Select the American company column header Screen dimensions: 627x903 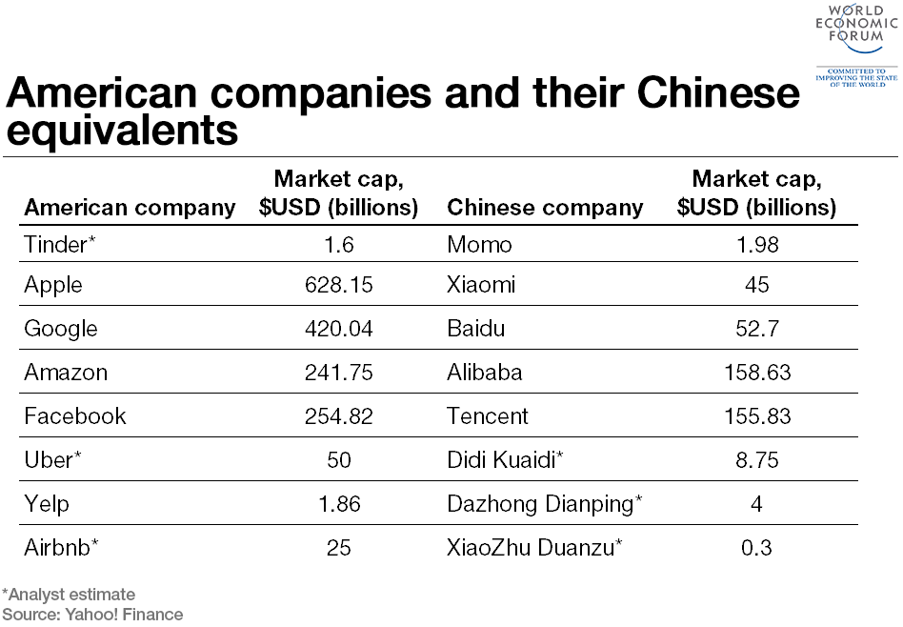130,208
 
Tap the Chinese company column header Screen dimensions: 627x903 545,208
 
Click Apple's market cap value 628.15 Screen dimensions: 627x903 338,285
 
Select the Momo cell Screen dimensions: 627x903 479,245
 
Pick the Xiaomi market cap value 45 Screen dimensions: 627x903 756,285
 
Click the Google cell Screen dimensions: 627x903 61,329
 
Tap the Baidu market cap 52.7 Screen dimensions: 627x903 756,329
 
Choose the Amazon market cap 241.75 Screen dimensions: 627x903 338,373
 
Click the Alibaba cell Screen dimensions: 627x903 484,373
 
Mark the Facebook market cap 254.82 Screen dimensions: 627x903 338,416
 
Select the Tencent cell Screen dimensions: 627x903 487,416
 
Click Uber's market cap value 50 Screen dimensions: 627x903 338,460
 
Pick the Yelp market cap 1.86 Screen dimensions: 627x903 338,504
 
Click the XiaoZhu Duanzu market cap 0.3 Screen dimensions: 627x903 756,548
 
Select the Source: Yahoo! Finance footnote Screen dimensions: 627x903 92,615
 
